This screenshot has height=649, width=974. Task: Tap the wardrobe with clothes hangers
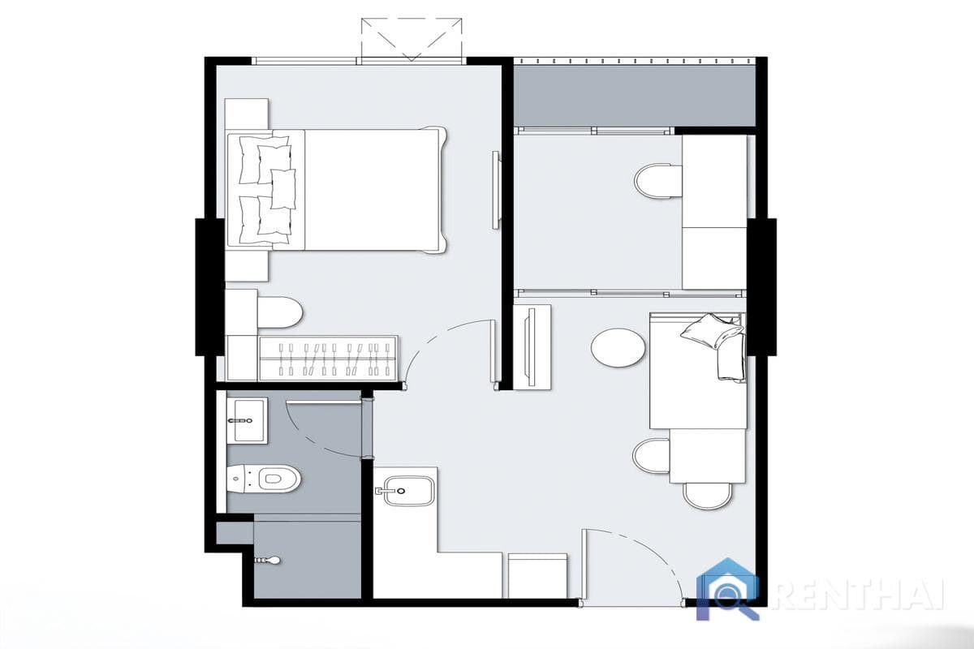(x=328, y=358)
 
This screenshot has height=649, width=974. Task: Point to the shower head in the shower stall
(x=269, y=560)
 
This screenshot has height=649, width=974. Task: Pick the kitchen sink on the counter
(x=408, y=490)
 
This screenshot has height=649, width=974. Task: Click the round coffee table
(x=618, y=347)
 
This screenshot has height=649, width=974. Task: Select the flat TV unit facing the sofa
(x=532, y=346)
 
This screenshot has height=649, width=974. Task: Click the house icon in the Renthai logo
(x=728, y=588)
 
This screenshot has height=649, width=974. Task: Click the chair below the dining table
(x=707, y=495)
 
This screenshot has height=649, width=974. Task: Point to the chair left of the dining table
(x=651, y=456)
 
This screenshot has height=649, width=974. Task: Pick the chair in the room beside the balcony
(x=658, y=182)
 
